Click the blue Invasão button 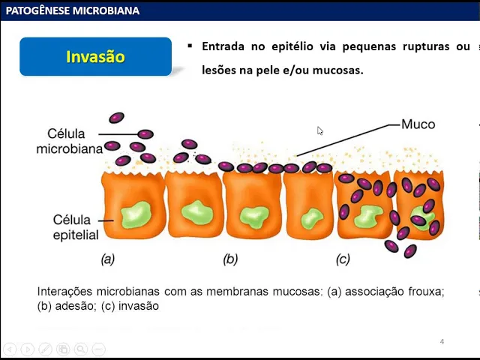tap(95, 57)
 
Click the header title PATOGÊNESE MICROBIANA tap(72, 10)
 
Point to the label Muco tap(418, 124)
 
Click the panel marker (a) tap(108, 259)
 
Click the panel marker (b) tap(230, 259)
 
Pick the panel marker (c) tap(343, 259)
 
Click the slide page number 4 tap(442, 342)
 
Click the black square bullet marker tap(190, 46)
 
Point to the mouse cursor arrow tap(319, 130)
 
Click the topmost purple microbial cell tap(116, 118)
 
